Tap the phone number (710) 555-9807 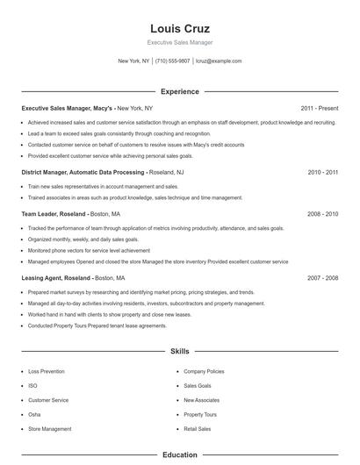point(173,61)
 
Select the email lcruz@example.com point(219,61)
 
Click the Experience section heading point(180,91)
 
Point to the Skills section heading point(180,351)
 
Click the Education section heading point(180,455)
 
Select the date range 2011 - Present point(319,108)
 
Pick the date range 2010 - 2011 point(322,173)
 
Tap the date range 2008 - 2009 point(322,213)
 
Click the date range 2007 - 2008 point(322,278)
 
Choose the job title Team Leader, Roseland point(54,213)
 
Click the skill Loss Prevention point(47,371)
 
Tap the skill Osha point(34,414)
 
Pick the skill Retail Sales point(198,429)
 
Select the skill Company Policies point(204,371)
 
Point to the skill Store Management point(50,429)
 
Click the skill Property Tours point(200,414)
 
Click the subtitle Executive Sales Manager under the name point(179,42)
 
